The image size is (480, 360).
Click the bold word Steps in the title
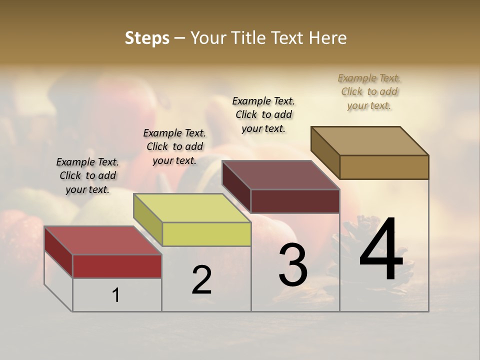pyautogui.click(x=147, y=38)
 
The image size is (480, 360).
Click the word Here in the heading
pyautogui.click(x=329, y=38)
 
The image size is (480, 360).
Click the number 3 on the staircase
pyautogui.click(x=293, y=265)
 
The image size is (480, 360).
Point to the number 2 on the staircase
pyautogui.click(x=201, y=280)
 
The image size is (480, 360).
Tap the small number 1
pyautogui.click(x=116, y=295)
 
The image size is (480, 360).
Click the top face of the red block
pyautogui.click(x=102, y=240)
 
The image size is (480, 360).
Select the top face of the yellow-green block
pyautogui.click(x=192, y=208)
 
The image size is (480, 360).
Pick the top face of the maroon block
pyautogui.click(x=280, y=175)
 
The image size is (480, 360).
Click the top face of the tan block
pyautogui.click(x=370, y=141)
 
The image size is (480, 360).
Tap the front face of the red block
pyautogui.click(x=117, y=266)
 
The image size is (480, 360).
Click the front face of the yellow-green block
pyautogui.click(x=206, y=234)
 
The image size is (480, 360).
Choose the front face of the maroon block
pyautogui.click(x=295, y=201)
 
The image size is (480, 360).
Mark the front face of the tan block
pyautogui.click(x=384, y=167)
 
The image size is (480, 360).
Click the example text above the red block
pyautogui.click(x=87, y=175)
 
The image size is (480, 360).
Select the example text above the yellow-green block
pyautogui.click(x=174, y=146)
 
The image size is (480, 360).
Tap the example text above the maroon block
pyautogui.click(x=263, y=114)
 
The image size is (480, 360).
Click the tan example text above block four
pyautogui.click(x=369, y=91)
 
